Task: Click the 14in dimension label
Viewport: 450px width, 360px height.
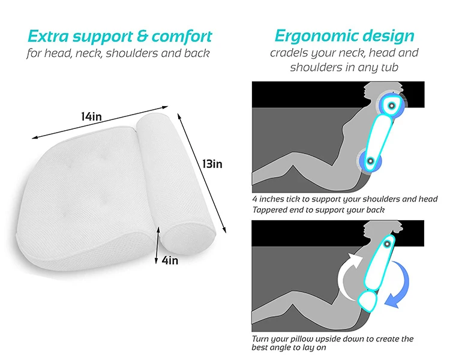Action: (x=91, y=116)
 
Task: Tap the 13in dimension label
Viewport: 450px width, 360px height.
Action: (x=212, y=164)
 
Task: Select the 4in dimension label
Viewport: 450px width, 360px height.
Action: (x=170, y=260)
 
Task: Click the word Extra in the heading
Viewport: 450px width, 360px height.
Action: (x=48, y=37)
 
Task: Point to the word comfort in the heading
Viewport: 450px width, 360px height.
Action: (x=182, y=37)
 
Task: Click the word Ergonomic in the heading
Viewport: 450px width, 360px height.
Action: (x=314, y=36)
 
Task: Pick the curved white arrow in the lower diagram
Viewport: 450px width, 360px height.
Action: (x=344, y=275)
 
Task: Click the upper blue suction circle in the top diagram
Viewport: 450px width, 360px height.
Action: (x=391, y=106)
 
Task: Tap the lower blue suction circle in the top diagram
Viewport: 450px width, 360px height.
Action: (x=370, y=161)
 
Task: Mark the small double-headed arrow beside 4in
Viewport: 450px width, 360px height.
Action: (x=157, y=245)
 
